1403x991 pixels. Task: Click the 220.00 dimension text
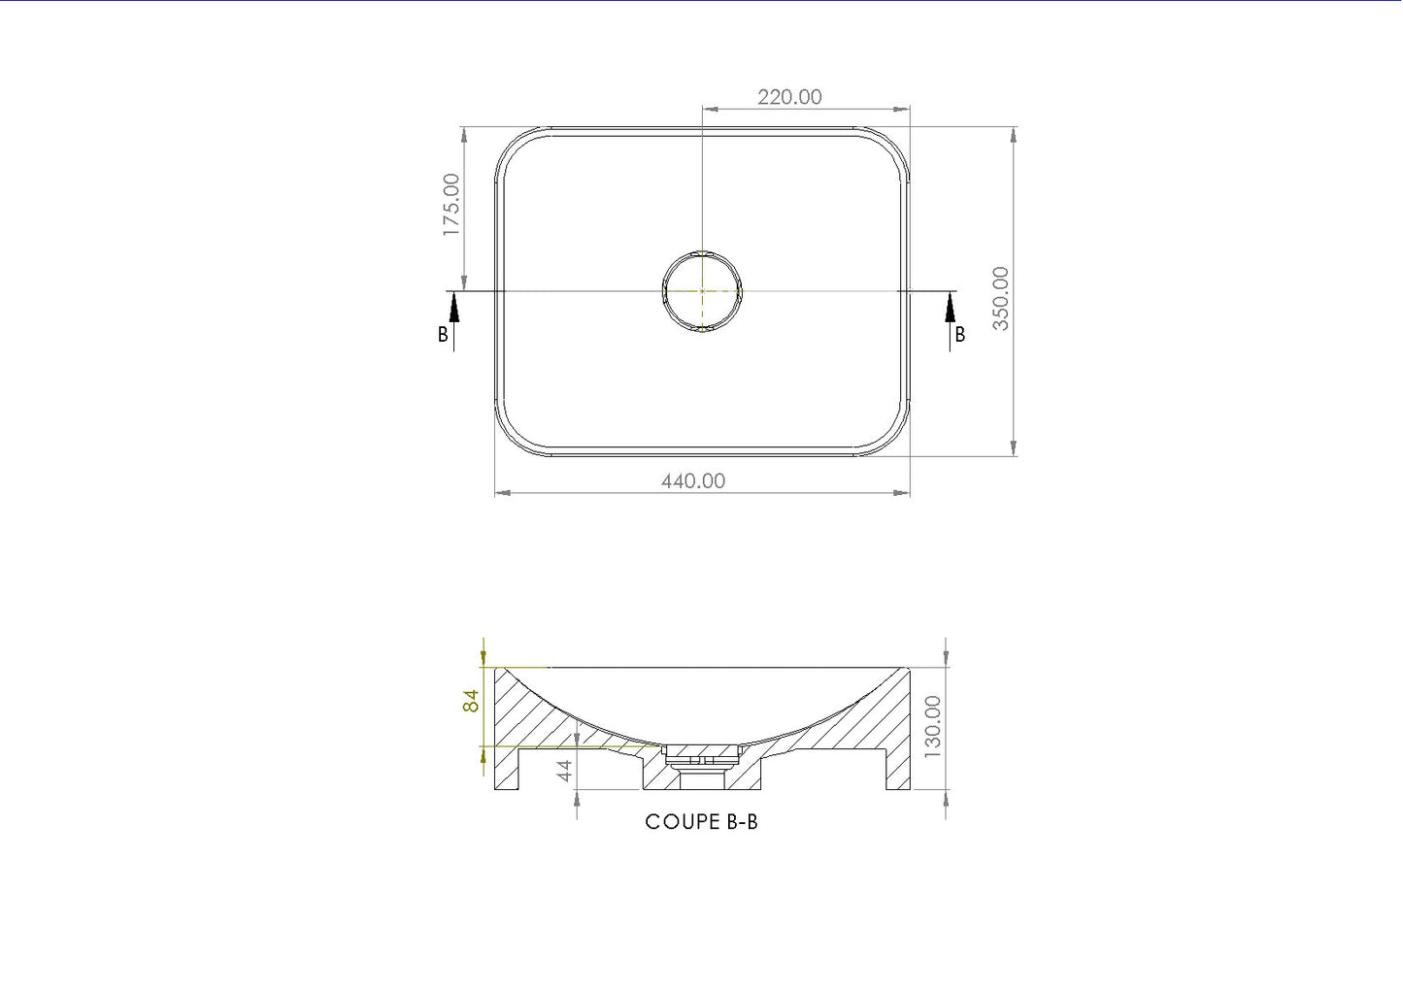click(789, 97)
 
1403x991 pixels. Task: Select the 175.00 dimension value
click(451, 205)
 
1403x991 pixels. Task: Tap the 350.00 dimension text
click(1000, 299)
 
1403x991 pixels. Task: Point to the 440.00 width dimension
click(693, 480)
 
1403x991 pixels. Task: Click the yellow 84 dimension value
click(471, 701)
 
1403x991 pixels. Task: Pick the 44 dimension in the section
click(565, 771)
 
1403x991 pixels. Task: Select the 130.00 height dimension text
click(933, 727)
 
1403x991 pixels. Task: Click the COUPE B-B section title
click(701, 822)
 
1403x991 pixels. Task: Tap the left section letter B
click(443, 335)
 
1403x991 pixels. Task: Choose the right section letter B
click(959, 335)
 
